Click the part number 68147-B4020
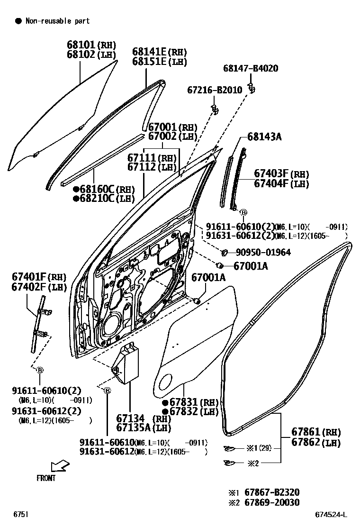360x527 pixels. [x=251, y=69]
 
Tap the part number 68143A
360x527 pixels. [x=264, y=137]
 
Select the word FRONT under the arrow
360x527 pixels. [x=46, y=478]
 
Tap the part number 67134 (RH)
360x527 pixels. [x=144, y=418]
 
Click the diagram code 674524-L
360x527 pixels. [x=332, y=514]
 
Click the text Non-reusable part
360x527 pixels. [x=57, y=21]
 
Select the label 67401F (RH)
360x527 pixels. [x=39, y=277]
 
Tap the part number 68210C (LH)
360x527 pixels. [x=104, y=199]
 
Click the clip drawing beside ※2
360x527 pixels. [x=230, y=463]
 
